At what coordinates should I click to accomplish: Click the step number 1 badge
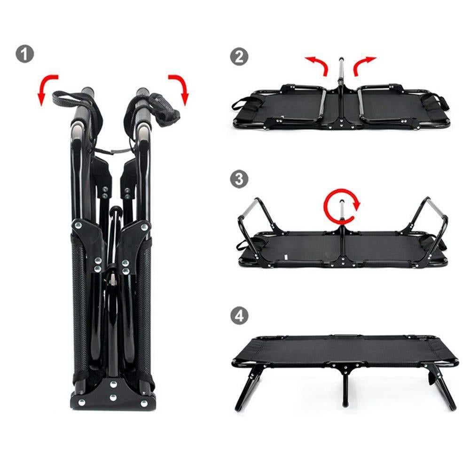pyautogui.click(x=25, y=54)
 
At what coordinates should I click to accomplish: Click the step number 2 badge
pyautogui.click(x=239, y=57)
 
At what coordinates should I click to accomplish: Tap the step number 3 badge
pyautogui.click(x=239, y=179)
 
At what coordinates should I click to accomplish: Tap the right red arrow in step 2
pyautogui.click(x=364, y=64)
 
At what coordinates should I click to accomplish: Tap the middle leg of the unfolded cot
pyautogui.click(x=345, y=388)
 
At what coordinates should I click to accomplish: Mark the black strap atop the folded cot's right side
pyautogui.click(x=164, y=108)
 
